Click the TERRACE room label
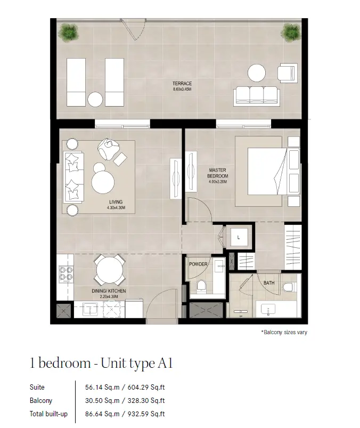click(182, 84)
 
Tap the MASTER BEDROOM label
click(217, 173)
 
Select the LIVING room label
click(116, 202)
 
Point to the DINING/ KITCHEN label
click(109, 291)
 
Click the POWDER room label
click(198, 264)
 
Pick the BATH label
click(269, 283)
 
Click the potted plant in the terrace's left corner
click(68, 33)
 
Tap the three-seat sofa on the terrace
click(256, 96)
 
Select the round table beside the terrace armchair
click(256, 73)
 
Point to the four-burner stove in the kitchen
click(66, 274)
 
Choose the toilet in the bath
click(288, 287)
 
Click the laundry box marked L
click(239, 237)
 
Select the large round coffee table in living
click(103, 182)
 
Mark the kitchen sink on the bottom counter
click(91, 309)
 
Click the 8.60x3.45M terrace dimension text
click(182, 89)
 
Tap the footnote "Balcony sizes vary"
click(284, 332)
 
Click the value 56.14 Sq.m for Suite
click(102, 387)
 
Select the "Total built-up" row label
click(48, 414)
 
